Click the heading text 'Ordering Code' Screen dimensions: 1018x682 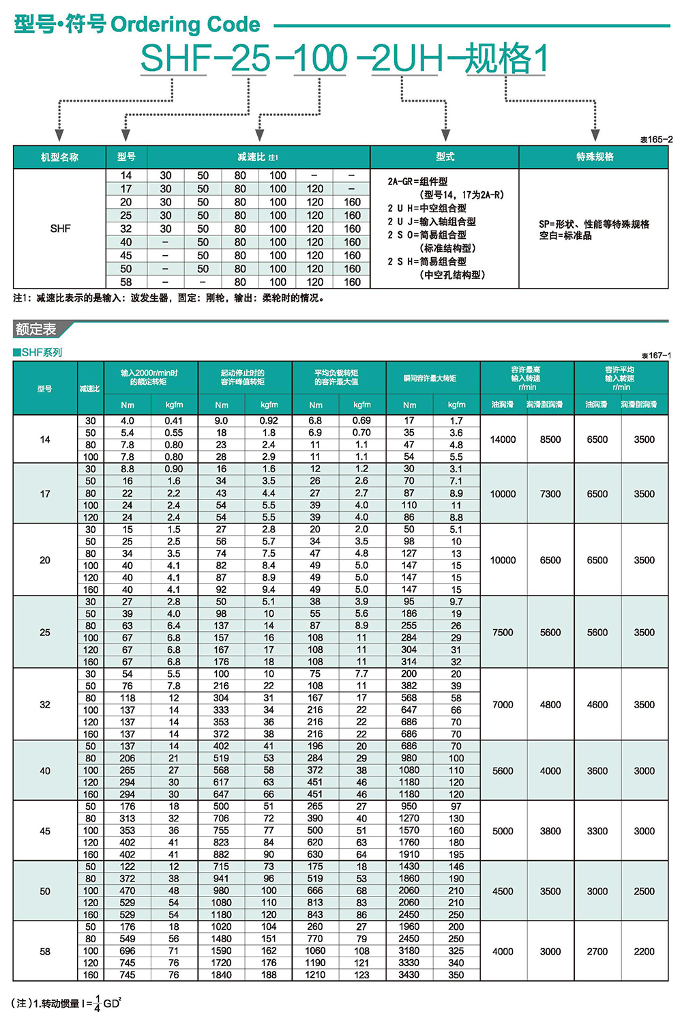coord(185,25)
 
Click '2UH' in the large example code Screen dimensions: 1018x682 coord(408,59)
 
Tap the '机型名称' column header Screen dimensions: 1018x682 coord(59,157)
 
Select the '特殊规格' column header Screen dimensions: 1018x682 coord(595,157)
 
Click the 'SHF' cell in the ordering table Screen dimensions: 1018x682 coord(60,229)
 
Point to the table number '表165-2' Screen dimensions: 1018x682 coord(656,139)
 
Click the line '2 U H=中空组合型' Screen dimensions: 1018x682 coord(427,208)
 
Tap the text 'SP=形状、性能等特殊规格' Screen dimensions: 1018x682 coord(594,224)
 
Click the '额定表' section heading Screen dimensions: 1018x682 coord(35,330)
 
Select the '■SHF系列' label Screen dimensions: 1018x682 coord(38,352)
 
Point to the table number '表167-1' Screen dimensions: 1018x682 coord(656,355)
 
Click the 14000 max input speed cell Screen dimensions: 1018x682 coord(503,439)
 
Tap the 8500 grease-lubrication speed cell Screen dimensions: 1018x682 coord(550,439)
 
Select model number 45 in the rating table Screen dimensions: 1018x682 coord(45,831)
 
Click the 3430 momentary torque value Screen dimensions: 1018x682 coord(409,975)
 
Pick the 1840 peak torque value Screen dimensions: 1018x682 coord(222,975)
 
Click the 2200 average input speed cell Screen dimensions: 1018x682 coord(644,951)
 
